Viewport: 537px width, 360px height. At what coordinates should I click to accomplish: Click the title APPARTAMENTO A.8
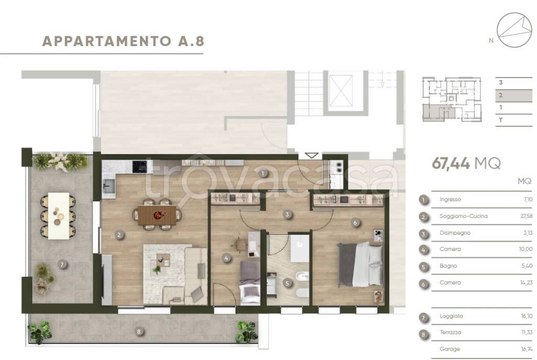coord(122,41)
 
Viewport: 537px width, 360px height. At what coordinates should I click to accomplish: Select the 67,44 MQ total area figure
coord(466,163)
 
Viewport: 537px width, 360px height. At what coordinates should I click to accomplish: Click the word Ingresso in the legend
coord(450,200)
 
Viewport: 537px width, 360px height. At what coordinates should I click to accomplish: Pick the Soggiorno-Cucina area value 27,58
coord(524,216)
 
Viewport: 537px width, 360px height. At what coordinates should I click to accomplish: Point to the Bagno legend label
coord(448,266)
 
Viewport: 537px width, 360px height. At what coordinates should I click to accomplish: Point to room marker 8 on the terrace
coord(138,331)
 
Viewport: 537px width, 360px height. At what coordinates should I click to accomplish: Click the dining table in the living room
coord(158,214)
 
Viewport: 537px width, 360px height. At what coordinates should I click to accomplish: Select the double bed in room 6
coord(360,264)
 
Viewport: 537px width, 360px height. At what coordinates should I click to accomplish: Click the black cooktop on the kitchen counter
coord(140,167)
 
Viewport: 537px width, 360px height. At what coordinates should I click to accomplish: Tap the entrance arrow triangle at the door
coord(311,155)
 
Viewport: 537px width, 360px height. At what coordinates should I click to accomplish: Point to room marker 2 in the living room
coord(120,235)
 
